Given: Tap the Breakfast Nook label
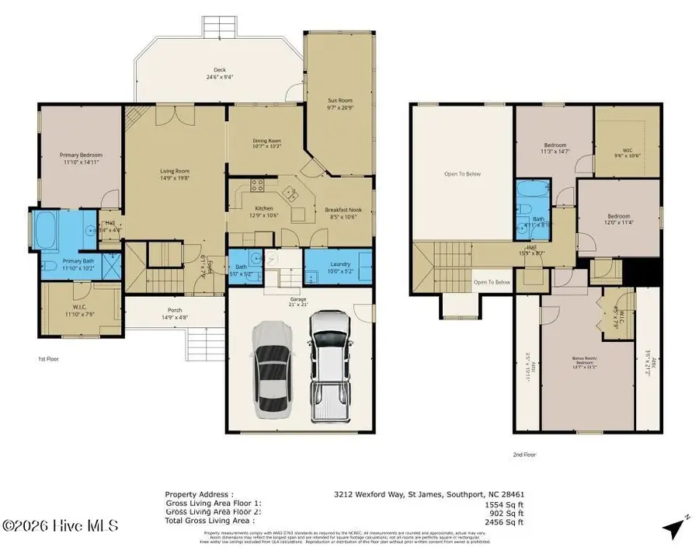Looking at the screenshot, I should (x=341, y=210).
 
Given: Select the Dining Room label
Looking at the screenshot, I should (x=266, y=141).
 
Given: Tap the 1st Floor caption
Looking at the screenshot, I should (x=48, y=359).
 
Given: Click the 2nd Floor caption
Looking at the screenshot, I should (x=524, y=455).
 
